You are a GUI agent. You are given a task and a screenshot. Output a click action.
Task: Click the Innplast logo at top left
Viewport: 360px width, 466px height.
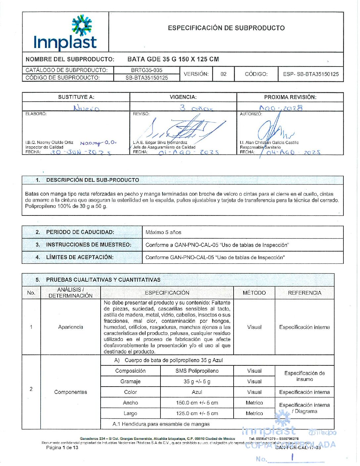click(x=65, y=33)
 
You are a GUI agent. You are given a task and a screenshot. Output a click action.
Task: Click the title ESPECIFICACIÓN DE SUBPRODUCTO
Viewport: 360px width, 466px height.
click(x=226, y=28)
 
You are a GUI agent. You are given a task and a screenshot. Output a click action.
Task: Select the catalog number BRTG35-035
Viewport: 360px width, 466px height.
click(x=147, y=70)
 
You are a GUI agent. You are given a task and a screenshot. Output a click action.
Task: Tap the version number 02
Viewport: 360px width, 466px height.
click(x=224, y=74)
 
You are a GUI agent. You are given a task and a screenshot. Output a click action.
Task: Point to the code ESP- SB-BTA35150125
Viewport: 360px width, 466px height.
click(x=311, y=74)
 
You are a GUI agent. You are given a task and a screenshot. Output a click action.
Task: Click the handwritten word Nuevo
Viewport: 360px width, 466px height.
click(x=86, y=108)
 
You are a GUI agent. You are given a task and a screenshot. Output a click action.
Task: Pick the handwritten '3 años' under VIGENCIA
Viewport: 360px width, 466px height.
click(x=196, y=108)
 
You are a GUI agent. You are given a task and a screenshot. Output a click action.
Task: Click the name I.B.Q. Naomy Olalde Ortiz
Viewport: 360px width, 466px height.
click(x=49, y=143)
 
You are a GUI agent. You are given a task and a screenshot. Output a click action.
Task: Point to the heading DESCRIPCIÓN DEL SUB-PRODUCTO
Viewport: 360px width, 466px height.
click(x=92, y=180)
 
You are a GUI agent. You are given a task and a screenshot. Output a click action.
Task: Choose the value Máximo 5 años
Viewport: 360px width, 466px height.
click(x=163, y=232)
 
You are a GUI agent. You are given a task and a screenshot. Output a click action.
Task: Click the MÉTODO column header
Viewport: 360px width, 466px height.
click(x=254, y=293)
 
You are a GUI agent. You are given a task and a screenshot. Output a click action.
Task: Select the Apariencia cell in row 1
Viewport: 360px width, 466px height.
click(x=70, y=327)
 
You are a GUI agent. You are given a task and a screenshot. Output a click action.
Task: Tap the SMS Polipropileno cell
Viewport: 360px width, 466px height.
click(x=197, y=371)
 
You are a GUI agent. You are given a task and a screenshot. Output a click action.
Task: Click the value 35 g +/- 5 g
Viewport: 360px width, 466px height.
click(x=197, y=382)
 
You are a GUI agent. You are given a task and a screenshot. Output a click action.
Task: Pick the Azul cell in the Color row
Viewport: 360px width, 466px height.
click(x=197, y=392)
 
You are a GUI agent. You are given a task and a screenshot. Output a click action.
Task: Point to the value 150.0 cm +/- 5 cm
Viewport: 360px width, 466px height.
click(x=197, y=403)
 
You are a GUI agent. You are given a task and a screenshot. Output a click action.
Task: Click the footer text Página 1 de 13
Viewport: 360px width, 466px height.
click(x=62, y=447)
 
